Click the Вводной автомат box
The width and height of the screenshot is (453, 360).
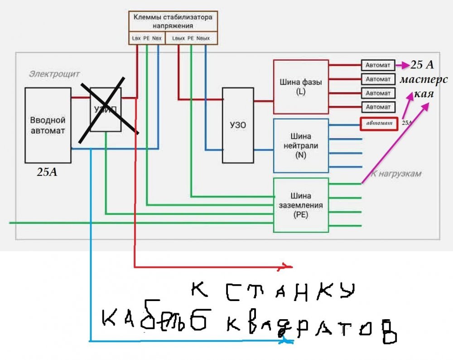[48, 125]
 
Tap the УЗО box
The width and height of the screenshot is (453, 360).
[238, 125]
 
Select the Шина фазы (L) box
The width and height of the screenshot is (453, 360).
[300, 86]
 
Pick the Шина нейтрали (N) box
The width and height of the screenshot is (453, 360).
[300, 146]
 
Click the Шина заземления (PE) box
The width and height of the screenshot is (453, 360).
[300, 205]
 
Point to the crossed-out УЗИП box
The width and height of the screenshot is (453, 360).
[106, 109]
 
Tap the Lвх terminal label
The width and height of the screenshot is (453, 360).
[135, 39]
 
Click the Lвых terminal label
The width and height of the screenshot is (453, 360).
[178, 39]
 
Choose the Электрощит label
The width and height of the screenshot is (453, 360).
[55, 73]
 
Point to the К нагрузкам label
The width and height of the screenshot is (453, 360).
[396, 173]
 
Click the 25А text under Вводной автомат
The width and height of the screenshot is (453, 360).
[47, 173]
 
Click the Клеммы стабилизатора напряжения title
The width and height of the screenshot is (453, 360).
[173, 21]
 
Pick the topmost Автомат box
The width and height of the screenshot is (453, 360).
[378, 65]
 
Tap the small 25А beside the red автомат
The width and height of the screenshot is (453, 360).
[407, 123]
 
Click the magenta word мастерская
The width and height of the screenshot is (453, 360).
[423, 88]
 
